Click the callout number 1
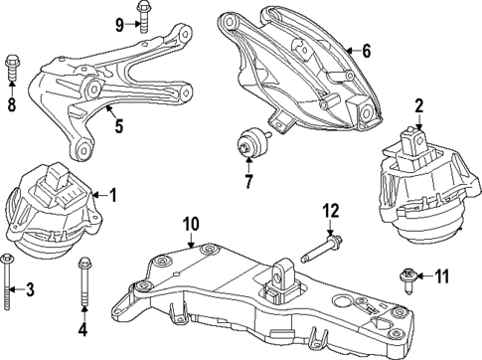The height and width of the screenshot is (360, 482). pyautogui.click(x=112, y=196)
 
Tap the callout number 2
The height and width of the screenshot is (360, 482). pyautogui.click(x=418, y=105)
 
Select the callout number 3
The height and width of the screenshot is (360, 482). pyautogui.click(x=30, y=290)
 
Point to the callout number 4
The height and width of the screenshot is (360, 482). pyautogui.click(x=82, y=328)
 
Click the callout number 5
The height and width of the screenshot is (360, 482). pyautogui.click(x=118, y=127)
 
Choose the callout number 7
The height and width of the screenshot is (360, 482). pyautogui.click(x=249, y=182)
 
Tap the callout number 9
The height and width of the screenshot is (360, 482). pyautogui.click(x=120, y=24)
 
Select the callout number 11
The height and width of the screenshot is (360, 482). pyautogui.click(x=443, y=273)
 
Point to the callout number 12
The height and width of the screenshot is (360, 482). pyautogui.click(x=330, y=210)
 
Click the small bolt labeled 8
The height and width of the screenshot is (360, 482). pyautogui.click(x=12, y=66)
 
